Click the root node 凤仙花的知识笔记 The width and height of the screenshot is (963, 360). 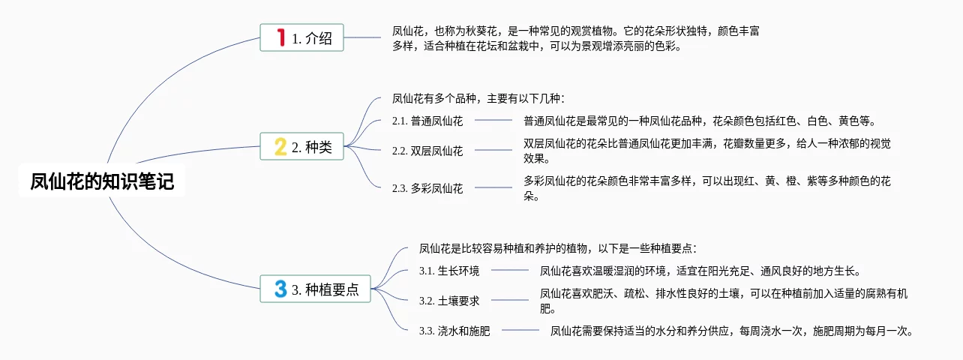click(x=102, y=182)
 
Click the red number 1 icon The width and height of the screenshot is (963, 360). click(x=281, y=37)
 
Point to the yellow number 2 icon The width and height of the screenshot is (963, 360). click(x=280, y=147)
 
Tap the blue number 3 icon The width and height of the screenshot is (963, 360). click(x=280, y=289)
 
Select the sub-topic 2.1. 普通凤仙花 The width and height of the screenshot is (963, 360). click(x=427, y=121)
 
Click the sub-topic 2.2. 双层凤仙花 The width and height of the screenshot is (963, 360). click(x=427, y=151)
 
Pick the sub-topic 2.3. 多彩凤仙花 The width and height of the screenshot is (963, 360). click(x=427, y=188)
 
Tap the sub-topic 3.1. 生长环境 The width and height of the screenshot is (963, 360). click(x=449, y=271)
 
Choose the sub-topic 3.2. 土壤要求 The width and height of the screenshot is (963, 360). click(x=449, y=301)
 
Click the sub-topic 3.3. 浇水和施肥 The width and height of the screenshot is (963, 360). click(x=454, y=331)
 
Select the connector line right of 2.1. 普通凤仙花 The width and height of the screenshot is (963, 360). click(x=493, y=120)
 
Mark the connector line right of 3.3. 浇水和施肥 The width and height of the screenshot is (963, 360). click(x=520, y=330)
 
